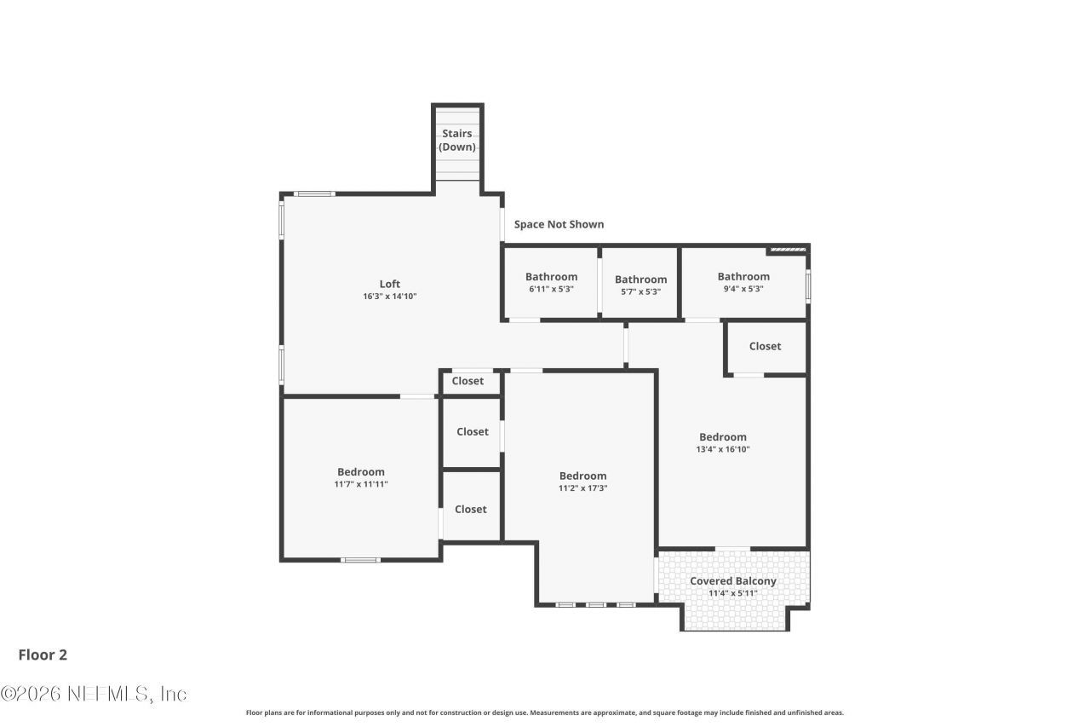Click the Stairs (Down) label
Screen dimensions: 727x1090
[x=457, y=141]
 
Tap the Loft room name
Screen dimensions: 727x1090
[x=389, y=284]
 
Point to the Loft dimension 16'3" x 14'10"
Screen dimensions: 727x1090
[x=389, y=297]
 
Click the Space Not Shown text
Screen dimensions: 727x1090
[x=559, y=224]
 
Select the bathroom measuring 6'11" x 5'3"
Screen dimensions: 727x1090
[x=551, y=283]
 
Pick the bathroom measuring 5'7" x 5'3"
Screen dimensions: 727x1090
[x=640, y=286]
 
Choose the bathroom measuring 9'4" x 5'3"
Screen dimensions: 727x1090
[x=743, y=282]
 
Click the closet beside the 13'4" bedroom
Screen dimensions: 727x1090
[x=765, y=346]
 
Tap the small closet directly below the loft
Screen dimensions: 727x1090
[x=468, y=381]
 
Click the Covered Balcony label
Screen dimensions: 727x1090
[x=733, y=581]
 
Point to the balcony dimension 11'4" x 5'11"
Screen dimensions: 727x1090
[x=733, y=593]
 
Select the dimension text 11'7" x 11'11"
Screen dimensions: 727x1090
[x=361, y=484]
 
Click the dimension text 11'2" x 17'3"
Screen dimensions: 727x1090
[x=582, y=488]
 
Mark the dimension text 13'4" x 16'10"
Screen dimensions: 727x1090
[x=723, y=449]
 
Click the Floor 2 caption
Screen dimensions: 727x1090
[x=43, y=655]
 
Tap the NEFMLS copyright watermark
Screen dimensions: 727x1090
[x=94, y=694]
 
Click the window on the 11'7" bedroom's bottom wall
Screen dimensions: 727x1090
[x=359, y=560]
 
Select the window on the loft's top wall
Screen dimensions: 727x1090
[x=314, y=194]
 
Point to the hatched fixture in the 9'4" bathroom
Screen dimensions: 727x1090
[x=786, y=250]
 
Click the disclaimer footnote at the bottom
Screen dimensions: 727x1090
[x=545, y=713]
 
